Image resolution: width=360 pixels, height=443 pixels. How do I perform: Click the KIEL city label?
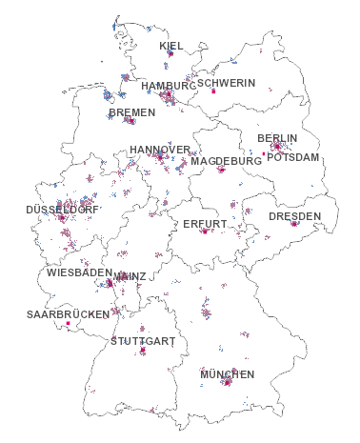click(171, 46)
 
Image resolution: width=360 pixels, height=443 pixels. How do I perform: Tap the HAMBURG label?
click(167, 86)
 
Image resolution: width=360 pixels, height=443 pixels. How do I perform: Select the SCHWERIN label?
click(227, 83)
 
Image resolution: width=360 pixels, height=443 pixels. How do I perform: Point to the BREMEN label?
click(131, 112)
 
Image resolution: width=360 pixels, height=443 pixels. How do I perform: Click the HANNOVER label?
click(160, 150)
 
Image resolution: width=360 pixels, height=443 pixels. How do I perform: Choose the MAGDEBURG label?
click(226, 161)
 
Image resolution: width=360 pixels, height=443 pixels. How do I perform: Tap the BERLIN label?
click(277, 138)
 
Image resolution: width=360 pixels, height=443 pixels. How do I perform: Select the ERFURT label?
click(205, 224)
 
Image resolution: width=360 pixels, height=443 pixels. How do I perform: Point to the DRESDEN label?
click(294, 216)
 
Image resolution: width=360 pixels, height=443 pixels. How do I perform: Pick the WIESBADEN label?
click(78, 272)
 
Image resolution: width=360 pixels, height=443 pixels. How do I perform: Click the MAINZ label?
click(130, 276)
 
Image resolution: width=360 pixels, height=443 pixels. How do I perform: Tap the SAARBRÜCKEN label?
click(68, 313)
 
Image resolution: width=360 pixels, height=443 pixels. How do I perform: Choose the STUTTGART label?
click(143, 340)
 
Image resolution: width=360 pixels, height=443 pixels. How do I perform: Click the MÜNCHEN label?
click(227, 374)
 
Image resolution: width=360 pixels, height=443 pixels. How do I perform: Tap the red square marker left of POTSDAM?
click(263, 154)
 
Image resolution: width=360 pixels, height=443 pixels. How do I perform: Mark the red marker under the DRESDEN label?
click(293, 225)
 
